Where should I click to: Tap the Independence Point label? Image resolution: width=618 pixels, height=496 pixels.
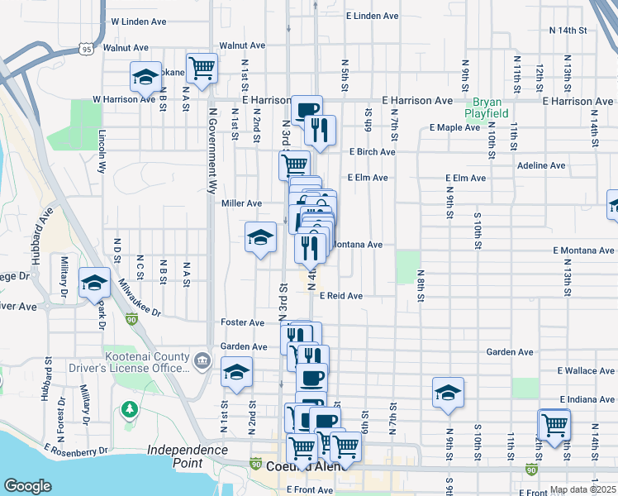[188, 456]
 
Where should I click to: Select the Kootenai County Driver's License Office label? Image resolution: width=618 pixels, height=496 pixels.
[148, 361]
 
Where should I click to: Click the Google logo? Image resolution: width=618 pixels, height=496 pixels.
[27, 486]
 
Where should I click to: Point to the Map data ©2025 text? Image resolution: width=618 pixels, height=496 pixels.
[583, 489]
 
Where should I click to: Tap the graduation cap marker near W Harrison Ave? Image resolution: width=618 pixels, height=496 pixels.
[146, 77]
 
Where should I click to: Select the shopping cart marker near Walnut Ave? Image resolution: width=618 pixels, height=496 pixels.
[202, 69]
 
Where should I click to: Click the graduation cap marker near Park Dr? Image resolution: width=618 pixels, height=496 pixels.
[94, 283]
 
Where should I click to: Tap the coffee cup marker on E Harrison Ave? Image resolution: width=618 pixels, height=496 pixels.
[307, 109]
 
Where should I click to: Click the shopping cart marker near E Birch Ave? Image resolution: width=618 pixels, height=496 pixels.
[294, 164]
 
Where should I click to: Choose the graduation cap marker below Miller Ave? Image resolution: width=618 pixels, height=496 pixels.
[260, 237]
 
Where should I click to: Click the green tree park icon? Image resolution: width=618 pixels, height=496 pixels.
[129, 408]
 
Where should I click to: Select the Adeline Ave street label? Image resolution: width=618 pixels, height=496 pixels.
[540, 165]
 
